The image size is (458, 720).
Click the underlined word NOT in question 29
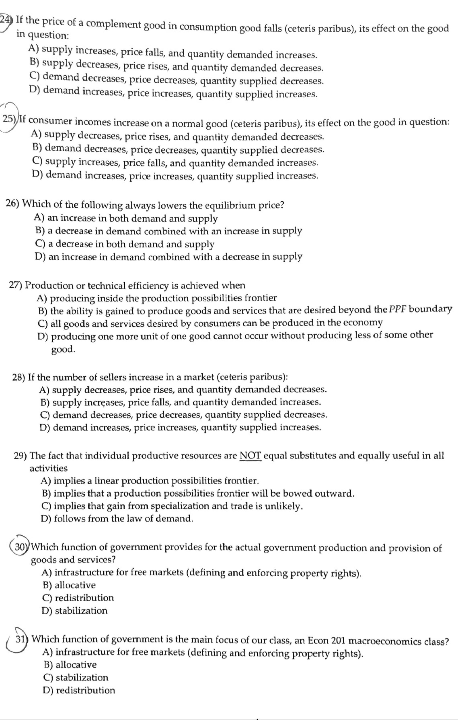pos(251,456)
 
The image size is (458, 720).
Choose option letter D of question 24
pos(35,90)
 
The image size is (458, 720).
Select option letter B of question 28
pos(45,402)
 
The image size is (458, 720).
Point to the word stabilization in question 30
pos(81,610)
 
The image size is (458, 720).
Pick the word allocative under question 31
pos(76,664)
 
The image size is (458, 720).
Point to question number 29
pos(21,456)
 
